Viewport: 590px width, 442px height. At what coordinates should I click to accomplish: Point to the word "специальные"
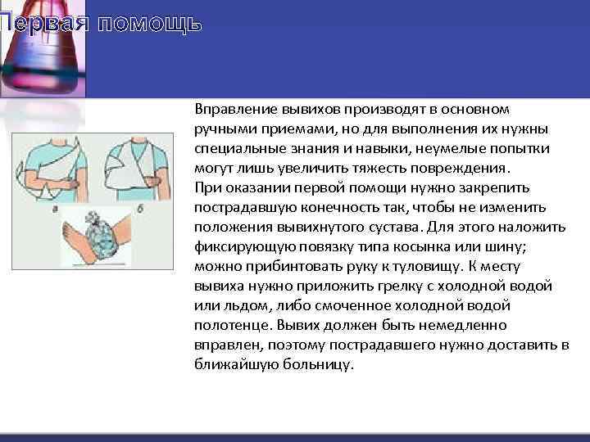[234, 148]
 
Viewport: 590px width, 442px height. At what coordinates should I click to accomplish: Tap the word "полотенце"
[227, 325]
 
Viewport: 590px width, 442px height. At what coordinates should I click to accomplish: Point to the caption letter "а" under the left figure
[55, 211]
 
